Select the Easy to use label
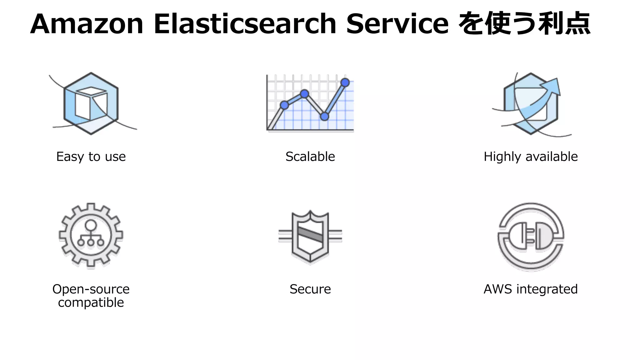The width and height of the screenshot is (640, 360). [x=91, y=157]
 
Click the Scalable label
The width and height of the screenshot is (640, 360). [x=310, y=157]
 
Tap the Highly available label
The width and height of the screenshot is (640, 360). [x=530, y=157]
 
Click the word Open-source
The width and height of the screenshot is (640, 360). [x=91, y=289]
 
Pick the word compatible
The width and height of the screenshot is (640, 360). [x=91, y=302]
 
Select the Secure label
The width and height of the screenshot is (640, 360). [x=310, y=289]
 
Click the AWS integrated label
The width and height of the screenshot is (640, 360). [x=530, y=289]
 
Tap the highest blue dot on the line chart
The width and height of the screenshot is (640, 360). [x=345, y=82]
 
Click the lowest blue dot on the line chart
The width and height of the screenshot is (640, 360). [x=325, y=117]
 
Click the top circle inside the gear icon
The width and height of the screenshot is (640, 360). [x=91, y=225]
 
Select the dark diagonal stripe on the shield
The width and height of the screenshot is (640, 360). [x=310, y=234]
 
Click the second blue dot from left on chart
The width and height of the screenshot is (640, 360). [x=304, y=94]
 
